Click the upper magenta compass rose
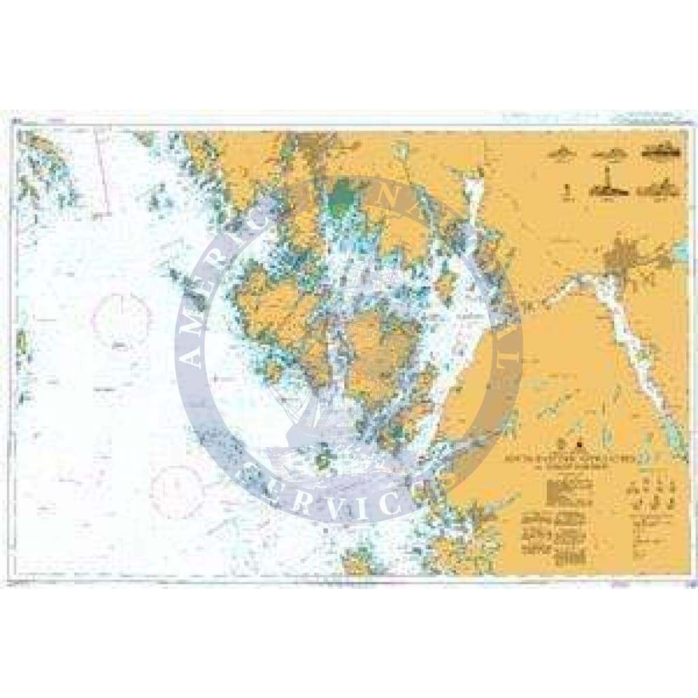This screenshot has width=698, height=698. coord(122,318)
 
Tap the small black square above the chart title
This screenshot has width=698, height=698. coord(580,445)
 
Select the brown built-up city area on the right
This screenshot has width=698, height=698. coord(622,259)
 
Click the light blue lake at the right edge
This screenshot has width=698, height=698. coord(682,253)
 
